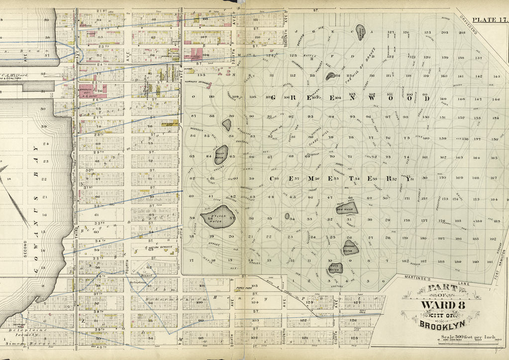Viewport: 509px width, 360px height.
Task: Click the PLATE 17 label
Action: click(489, 19)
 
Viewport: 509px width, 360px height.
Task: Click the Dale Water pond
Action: click(347, 208)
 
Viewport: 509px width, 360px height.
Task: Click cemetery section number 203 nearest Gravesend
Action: click(461, 33)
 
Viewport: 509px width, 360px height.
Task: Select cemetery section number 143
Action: click(496, 77)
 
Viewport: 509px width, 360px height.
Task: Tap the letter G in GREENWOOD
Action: click(273, 98)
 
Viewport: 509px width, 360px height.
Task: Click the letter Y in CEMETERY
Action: click(408, 180)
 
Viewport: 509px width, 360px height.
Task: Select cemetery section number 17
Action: click(191, 260)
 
